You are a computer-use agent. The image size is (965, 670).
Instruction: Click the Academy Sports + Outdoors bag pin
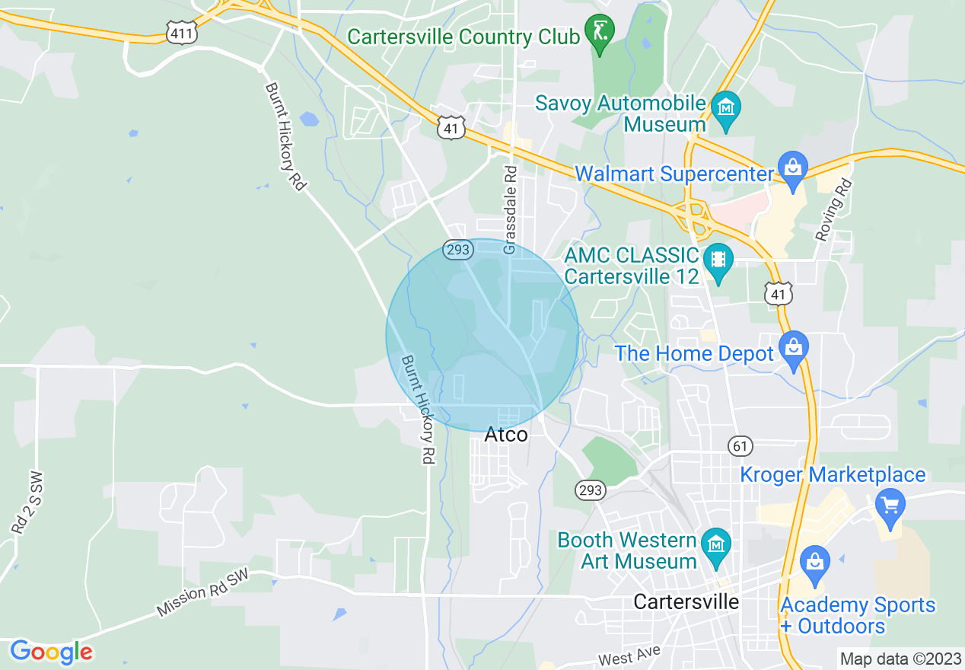pos(814,564)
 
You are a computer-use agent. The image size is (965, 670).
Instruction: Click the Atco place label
pos(506,435)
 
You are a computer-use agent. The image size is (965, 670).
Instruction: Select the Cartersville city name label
pos(686,601)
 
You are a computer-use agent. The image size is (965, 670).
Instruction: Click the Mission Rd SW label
pos(203,594)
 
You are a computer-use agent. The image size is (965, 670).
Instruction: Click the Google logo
pos(51,652)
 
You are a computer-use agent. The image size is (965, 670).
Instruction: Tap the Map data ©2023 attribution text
pos(899,659)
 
